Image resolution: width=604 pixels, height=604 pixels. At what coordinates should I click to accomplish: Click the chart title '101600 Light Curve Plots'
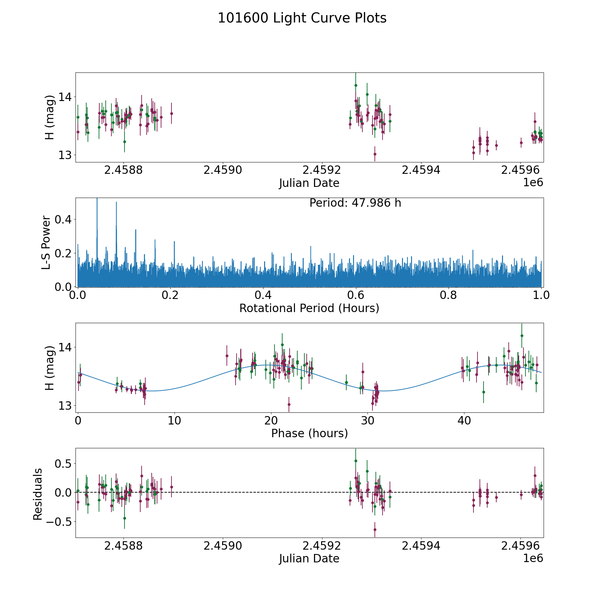click(x=302, y=18)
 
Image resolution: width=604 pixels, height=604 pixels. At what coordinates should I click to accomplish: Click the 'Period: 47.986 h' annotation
click(x=355, y=203)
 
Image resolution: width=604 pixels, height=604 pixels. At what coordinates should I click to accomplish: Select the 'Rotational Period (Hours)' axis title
click(x=309, y=308)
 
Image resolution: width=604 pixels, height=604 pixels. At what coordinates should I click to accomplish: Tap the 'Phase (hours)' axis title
click(x=309, y=433)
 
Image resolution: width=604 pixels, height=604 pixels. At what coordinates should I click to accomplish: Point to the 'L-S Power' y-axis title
click(x=46, y=242)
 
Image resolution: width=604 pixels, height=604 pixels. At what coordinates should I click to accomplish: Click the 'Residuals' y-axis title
click(x=38, y=494)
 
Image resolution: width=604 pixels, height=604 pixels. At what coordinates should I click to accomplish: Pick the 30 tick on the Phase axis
click(x=368, y=420)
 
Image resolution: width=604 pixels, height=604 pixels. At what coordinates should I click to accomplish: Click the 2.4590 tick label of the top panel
click(x=222, y=170)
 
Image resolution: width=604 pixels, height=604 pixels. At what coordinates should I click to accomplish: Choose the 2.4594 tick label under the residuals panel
click(x=421, y=546)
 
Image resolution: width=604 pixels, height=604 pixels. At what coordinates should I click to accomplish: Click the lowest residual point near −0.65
click(x=375, y=530)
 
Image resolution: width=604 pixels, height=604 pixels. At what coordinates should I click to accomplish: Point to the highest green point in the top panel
click(x=356, y=85)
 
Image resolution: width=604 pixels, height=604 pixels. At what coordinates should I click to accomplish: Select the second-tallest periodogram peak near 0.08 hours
click(x=116, y=202)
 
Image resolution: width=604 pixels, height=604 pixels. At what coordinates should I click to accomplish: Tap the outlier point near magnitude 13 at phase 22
click(x=289, y=404)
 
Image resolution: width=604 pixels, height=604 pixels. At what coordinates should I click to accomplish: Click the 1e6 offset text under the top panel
click(x=533, y=183)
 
